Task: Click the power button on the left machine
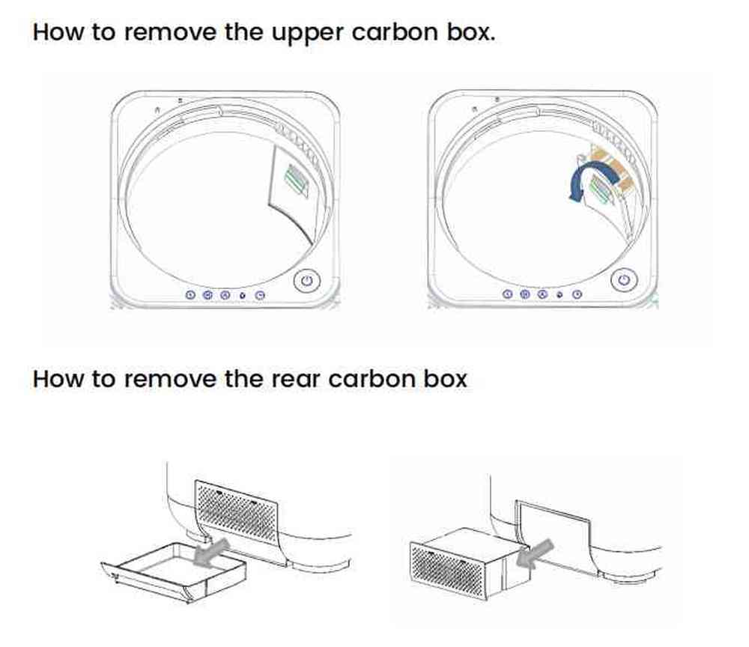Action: [x=306, y=282]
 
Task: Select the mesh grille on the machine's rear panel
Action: [x=238, y=507]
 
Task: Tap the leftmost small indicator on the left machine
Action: [x=189, y=295]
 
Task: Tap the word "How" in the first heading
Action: [x=56, y=33]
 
